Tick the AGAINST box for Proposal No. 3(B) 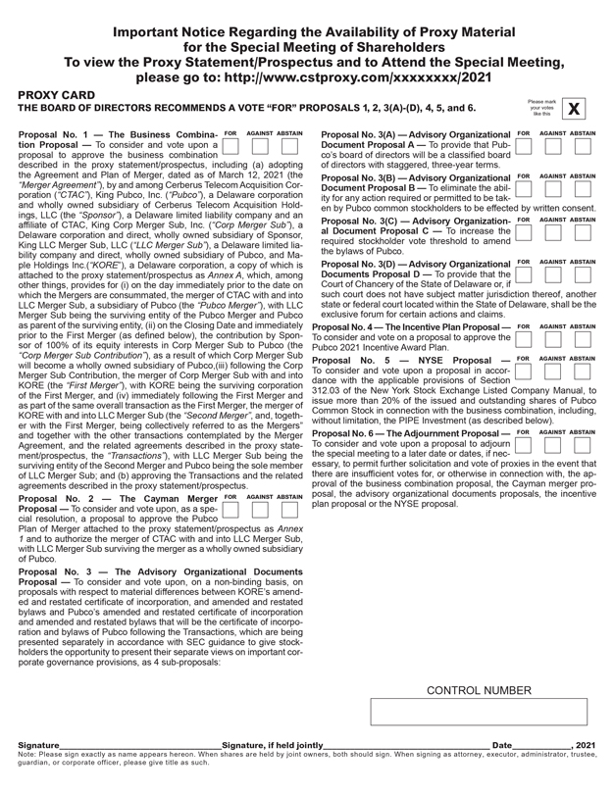pyautogui.click(x=553, y=190)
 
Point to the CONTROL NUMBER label pyautogui.click(x=478, y=690)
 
